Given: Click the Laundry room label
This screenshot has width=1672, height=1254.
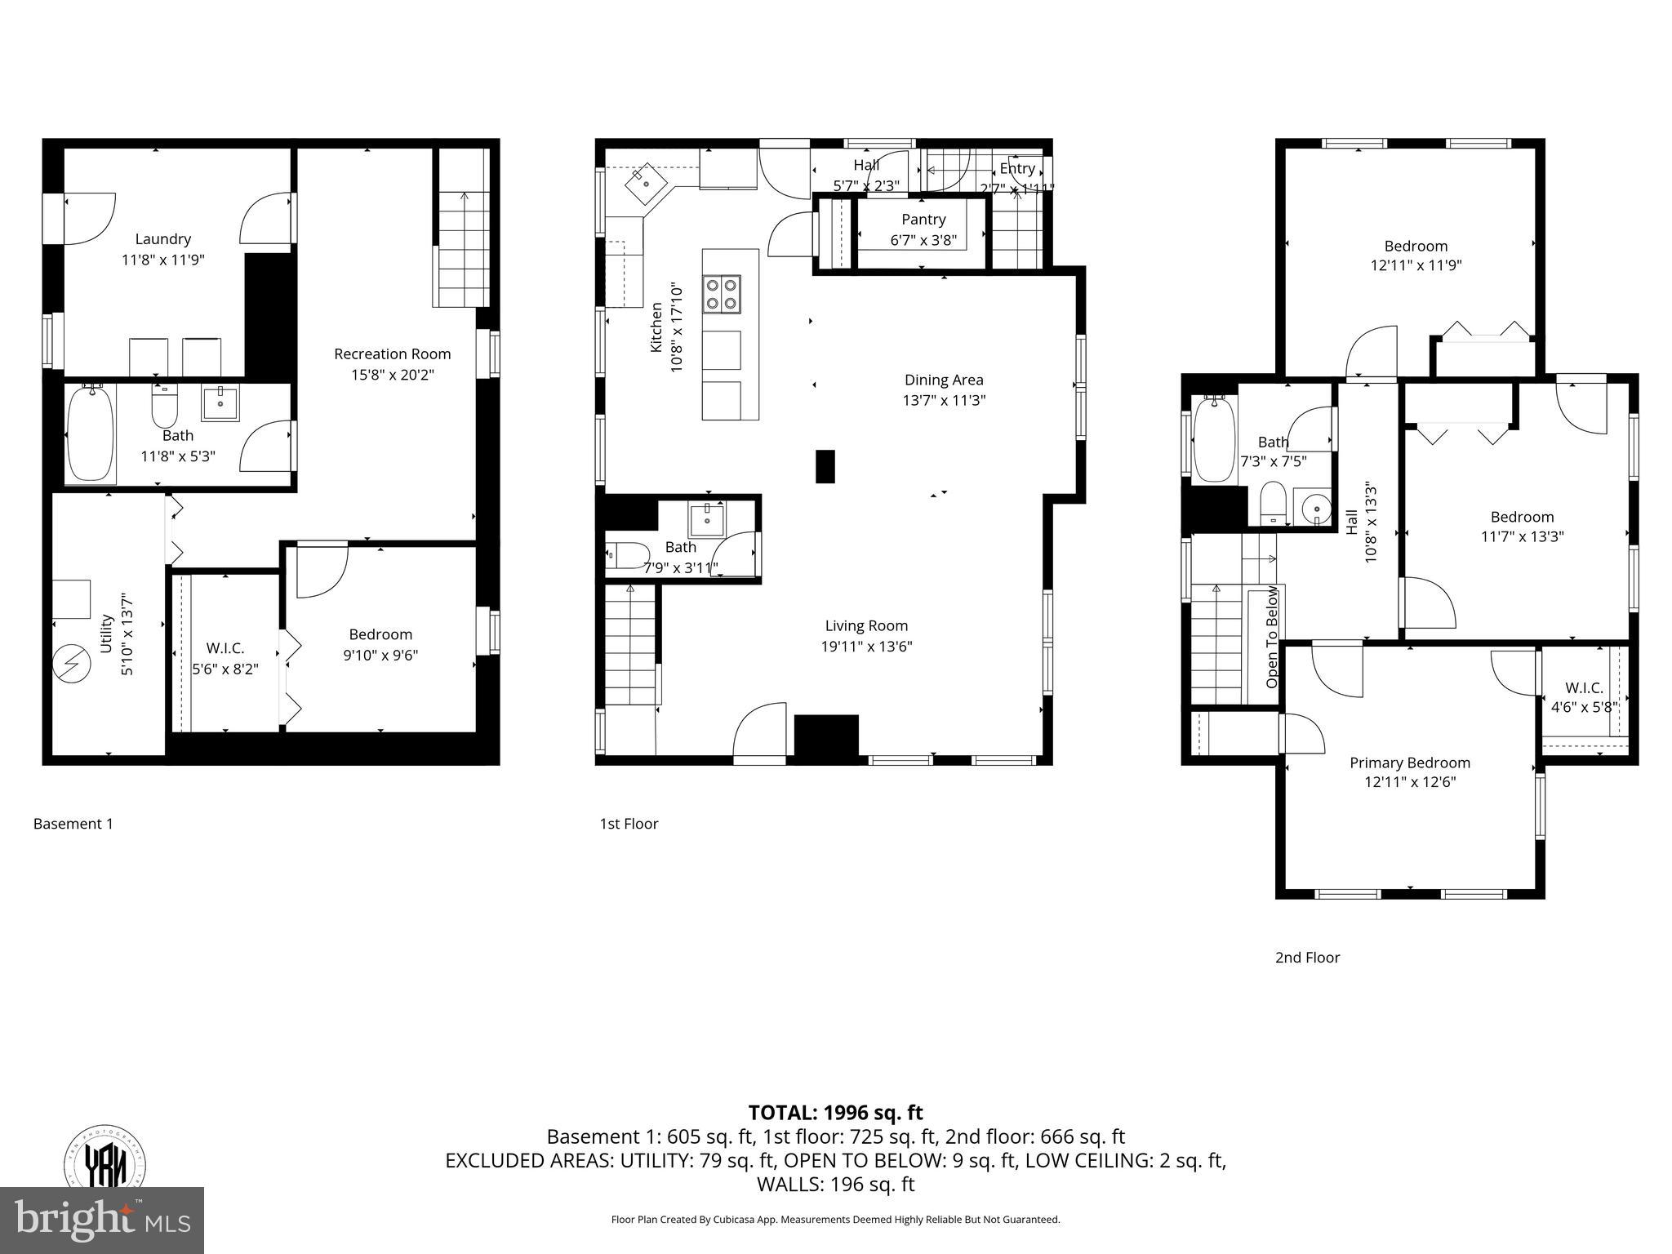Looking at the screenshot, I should [x=162, y=238].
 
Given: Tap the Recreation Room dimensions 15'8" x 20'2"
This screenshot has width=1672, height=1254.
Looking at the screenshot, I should [x=392, y=375].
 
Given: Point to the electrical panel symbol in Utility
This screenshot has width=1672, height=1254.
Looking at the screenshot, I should [x=71, y=664].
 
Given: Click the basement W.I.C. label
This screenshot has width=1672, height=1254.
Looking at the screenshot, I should [x=225, y=648].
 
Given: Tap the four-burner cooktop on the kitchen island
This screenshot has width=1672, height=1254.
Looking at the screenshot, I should [x=723, y=294].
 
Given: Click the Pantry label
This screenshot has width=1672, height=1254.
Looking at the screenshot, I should [x=923, y=219].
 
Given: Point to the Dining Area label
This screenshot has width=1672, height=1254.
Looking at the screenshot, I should [x=944, y=380].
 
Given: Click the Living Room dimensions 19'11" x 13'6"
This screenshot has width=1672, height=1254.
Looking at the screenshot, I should [x=866, y=647].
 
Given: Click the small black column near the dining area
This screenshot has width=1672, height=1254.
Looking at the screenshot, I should [x=825, y=466].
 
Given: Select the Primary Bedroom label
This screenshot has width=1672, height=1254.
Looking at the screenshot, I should [x=1409, y=763].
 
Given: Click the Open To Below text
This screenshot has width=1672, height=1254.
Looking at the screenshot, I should [x=1272, y=637].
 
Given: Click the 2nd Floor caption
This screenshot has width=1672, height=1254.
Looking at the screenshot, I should [x=1307, y=958].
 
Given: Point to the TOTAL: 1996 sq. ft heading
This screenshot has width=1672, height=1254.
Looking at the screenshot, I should [x=835, y=1113].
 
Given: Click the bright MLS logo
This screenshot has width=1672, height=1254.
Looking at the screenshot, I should [x=102, y=1220].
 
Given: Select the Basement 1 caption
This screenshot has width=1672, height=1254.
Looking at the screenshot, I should [x=73, y=824].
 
